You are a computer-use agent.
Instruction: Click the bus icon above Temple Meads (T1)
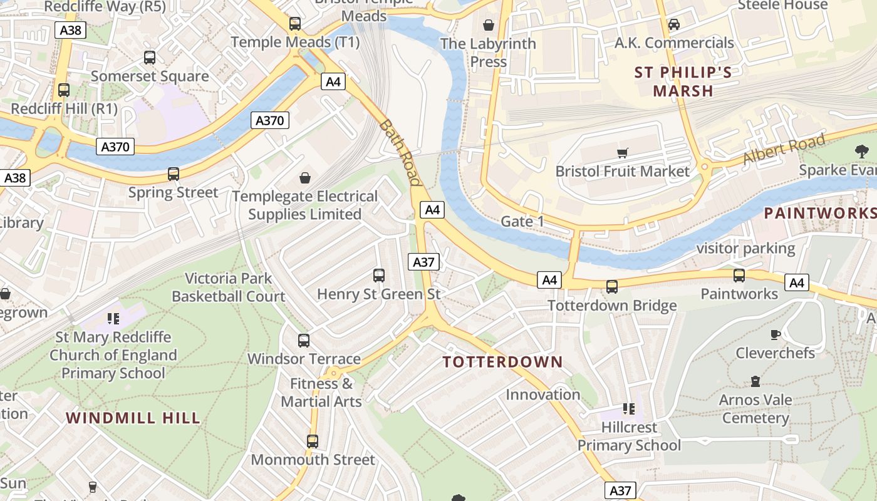tap(295, 24)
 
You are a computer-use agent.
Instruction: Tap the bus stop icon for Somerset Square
tap(150, 58)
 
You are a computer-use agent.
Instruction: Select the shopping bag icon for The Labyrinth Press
tap(489, 25)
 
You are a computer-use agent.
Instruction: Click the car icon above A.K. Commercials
tap(674, 24)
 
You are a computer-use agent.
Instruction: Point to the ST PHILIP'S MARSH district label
tap(683, 81)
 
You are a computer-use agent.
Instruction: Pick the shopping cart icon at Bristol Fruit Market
tap(622, 153)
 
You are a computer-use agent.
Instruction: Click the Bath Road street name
tap(400, 152)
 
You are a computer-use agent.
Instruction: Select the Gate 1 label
tap(522, 221)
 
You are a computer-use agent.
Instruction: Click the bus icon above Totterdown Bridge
tap(611, 287)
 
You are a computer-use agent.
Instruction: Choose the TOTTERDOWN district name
tap(502, 362)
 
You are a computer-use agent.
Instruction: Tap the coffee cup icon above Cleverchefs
tap(775, 334)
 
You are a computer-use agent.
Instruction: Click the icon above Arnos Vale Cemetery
tap(755, 381)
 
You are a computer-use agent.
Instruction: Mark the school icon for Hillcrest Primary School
tap(629, 409)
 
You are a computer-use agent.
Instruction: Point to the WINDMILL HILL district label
tap(133, 418)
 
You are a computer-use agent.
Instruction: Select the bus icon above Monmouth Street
tap(313, 441)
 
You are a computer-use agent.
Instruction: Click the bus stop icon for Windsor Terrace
tap(304, 341)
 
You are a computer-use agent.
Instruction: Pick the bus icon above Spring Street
tap(174, 174)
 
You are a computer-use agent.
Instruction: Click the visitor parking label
tap(745, 249)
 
